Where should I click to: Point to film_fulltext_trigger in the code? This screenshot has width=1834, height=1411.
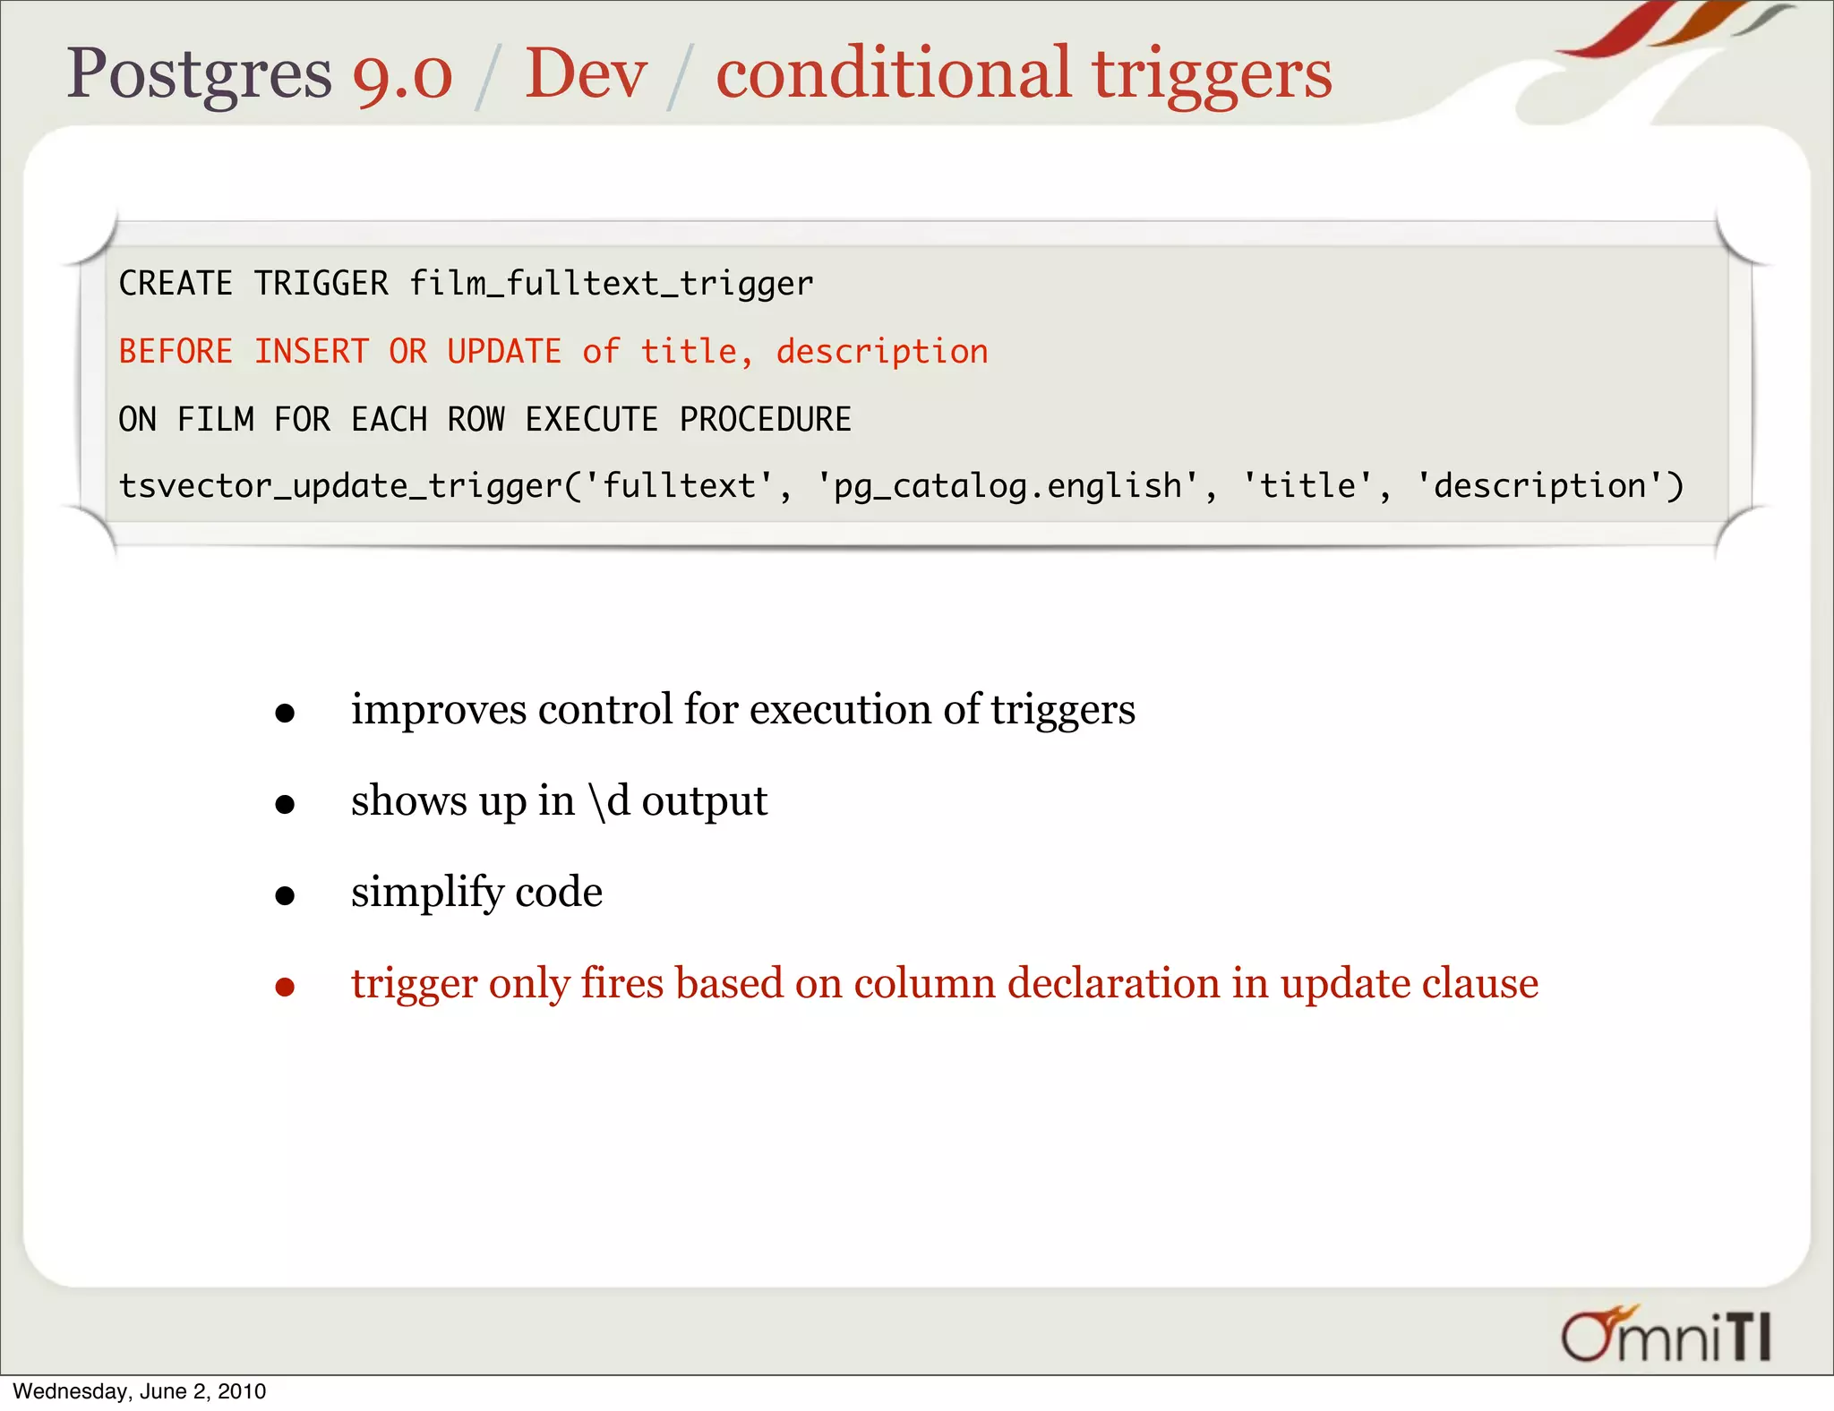[x=611, y=285]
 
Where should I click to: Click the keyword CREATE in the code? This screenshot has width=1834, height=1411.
[x=176, y=285]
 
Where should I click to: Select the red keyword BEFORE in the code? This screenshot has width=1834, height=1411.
[x=176, y=352]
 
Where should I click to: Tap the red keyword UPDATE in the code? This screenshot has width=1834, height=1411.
[x=504, y=352]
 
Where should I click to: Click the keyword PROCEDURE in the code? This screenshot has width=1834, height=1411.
[x=765, y=420]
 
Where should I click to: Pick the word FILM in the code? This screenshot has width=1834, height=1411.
[x=215, y=420]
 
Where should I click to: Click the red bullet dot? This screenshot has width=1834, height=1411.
[x=285, y=987]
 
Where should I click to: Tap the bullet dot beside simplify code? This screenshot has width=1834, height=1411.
[x=285, y=895]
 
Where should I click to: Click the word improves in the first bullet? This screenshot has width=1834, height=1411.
[x=439, y=710]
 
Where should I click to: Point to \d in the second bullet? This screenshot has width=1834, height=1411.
[x=609, y=801]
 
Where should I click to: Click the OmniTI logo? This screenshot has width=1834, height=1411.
[x=1666, y=1335]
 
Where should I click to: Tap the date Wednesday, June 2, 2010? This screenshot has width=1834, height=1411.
[x=140, y=1391]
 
